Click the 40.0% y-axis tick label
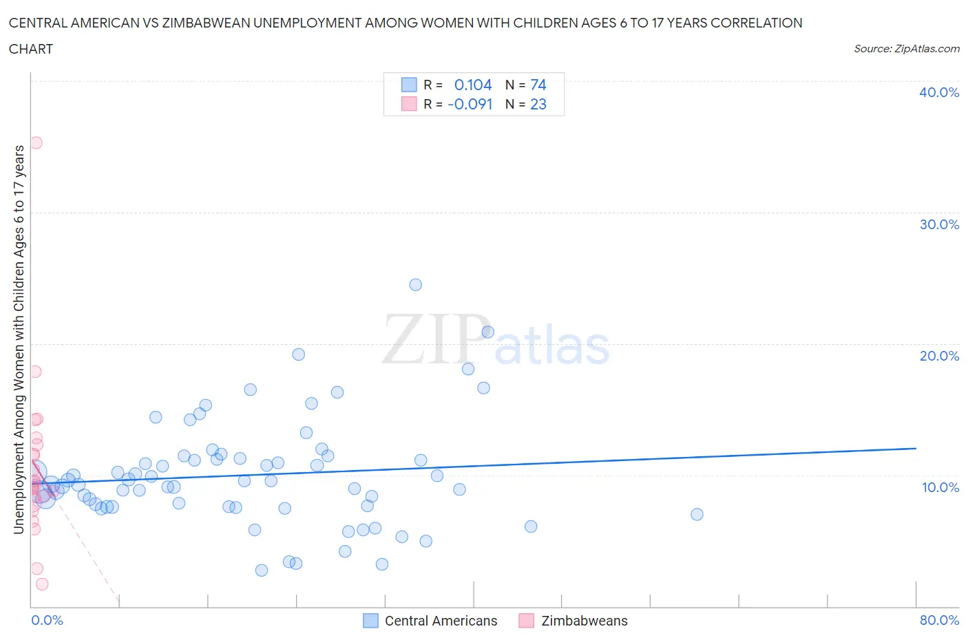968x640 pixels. coord(939,92)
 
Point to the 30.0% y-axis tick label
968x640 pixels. coord(939,224)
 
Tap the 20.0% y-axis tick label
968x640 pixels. coord(939,356)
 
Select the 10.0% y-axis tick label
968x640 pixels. coord(940,487)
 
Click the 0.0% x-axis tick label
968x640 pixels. coord(48,620)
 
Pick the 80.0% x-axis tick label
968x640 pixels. coord(939,620)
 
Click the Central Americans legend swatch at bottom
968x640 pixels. coord(370,621)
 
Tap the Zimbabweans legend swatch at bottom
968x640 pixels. coord(527,621)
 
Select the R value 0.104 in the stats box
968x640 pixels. coord(473,85)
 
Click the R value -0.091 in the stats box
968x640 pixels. coord(470,104)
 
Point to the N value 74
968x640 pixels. coord(538,85)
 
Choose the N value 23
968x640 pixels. coord(538,104)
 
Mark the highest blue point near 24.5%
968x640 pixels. coord(415,285)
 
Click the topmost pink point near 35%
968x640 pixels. coord(36,143)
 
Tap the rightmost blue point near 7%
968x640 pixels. coord(697,514)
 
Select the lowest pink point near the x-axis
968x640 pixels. coord(41,584)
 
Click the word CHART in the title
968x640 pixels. coord(31,49)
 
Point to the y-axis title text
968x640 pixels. coord(19,340)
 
